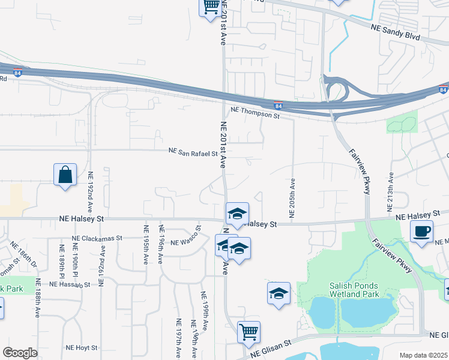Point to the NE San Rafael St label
pos(193,152)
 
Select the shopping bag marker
pos(65,175)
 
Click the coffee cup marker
pos(421,232)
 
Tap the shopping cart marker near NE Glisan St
pos(249,332)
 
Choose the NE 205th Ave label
pos(292,199)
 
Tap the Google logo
pos(20,352)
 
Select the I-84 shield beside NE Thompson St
pos(278,104)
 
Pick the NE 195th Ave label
pos(146,244)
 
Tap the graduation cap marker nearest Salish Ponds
pos(279,293)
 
